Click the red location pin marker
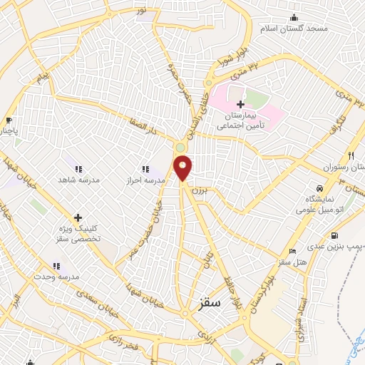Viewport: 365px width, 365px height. coord(183,167)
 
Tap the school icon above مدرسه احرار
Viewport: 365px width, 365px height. coord(145,169)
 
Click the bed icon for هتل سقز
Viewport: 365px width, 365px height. coord(292,251)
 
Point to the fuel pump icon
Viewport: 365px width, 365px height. coord(335,236)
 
